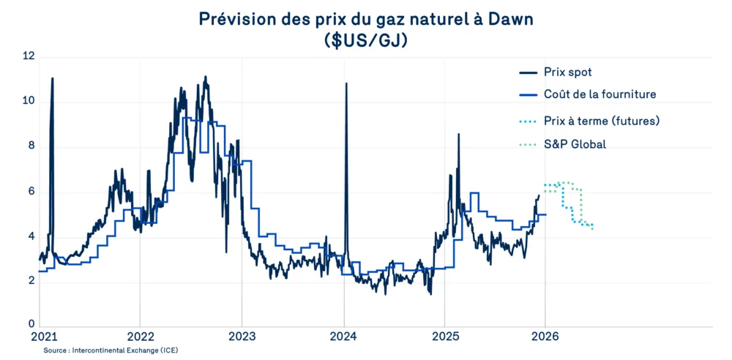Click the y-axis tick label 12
coord(29,56)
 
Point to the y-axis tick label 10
coord(29,101)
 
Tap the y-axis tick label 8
coord(30,146)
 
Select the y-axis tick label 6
coord(30,191)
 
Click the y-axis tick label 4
coord(30,236)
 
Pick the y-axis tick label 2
coord(30,281)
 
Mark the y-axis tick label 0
coord(30,324)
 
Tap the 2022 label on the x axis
coord(140,338)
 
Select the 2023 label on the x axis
coord(242,338)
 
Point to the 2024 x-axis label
coord(344,338)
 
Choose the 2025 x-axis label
coord(445,338)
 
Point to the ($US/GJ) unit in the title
coord(365,40)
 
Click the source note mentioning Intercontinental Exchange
coord(111,350)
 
